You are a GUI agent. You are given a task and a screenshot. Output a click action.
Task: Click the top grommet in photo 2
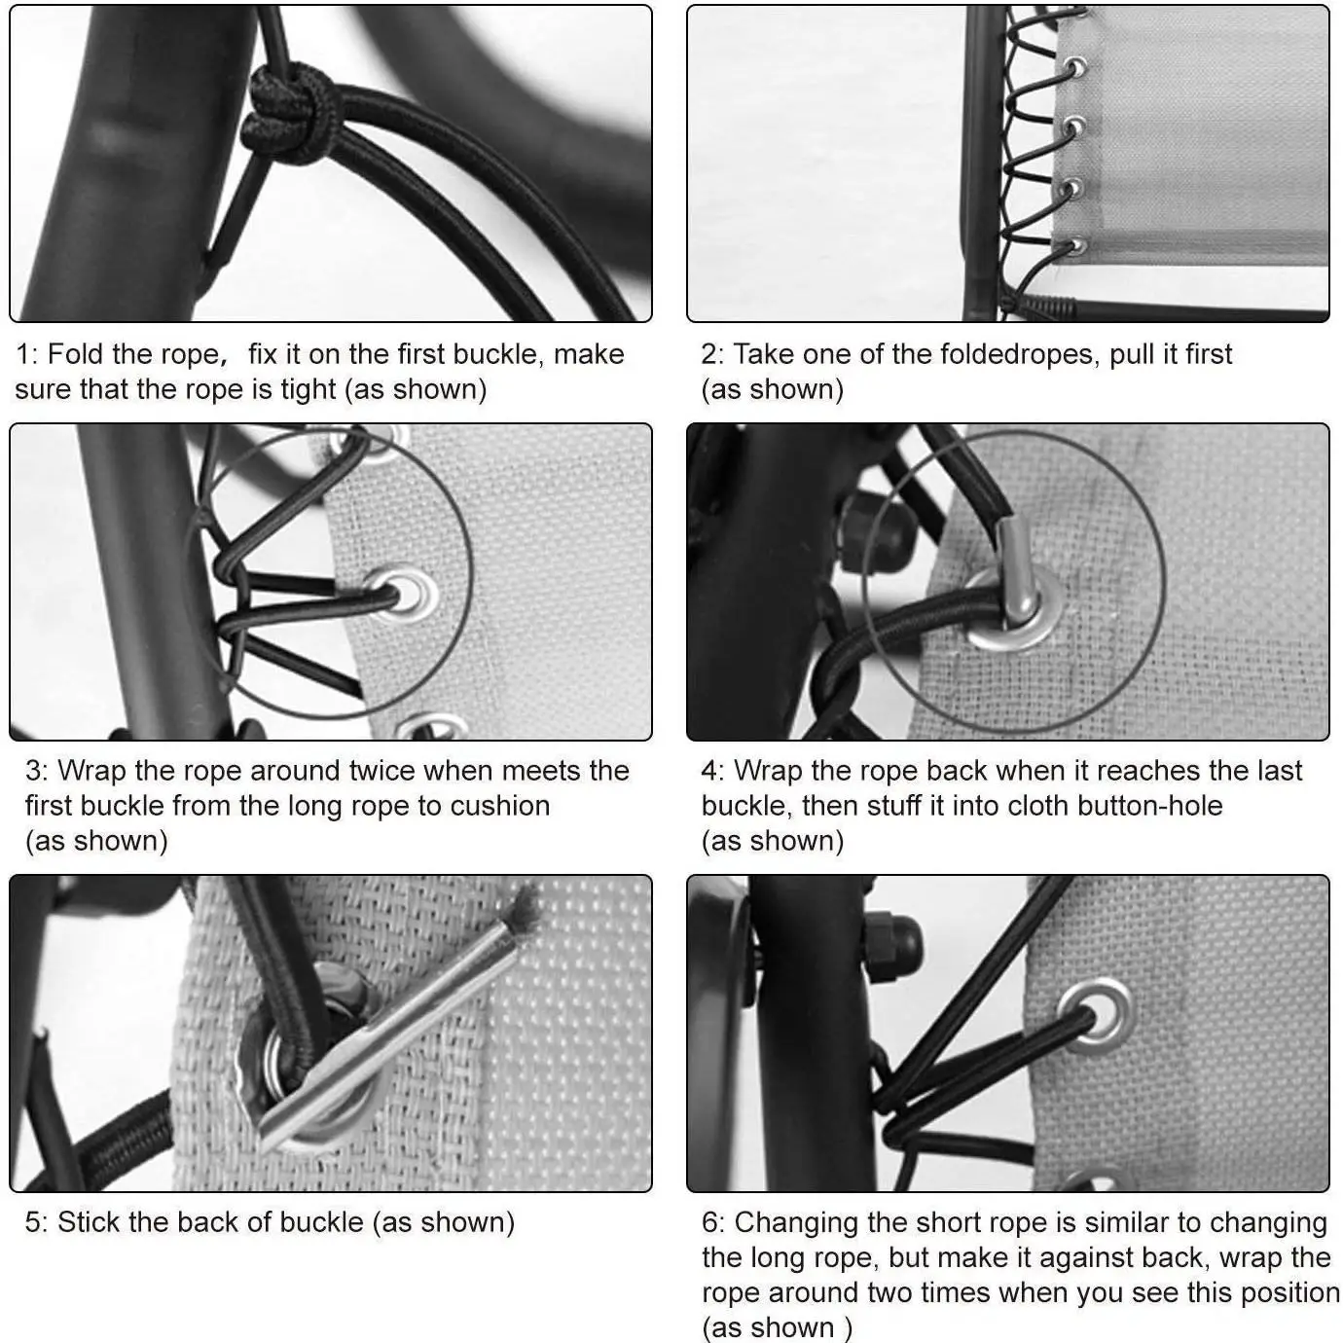click(1073, 17)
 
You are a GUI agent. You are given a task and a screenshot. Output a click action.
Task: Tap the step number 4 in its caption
click(709, 772)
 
